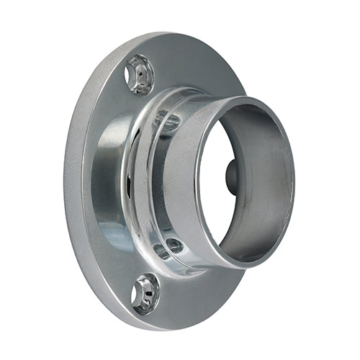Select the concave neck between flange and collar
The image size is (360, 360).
[x=115, y=180]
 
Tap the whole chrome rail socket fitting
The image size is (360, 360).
[x=180, y=180]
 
